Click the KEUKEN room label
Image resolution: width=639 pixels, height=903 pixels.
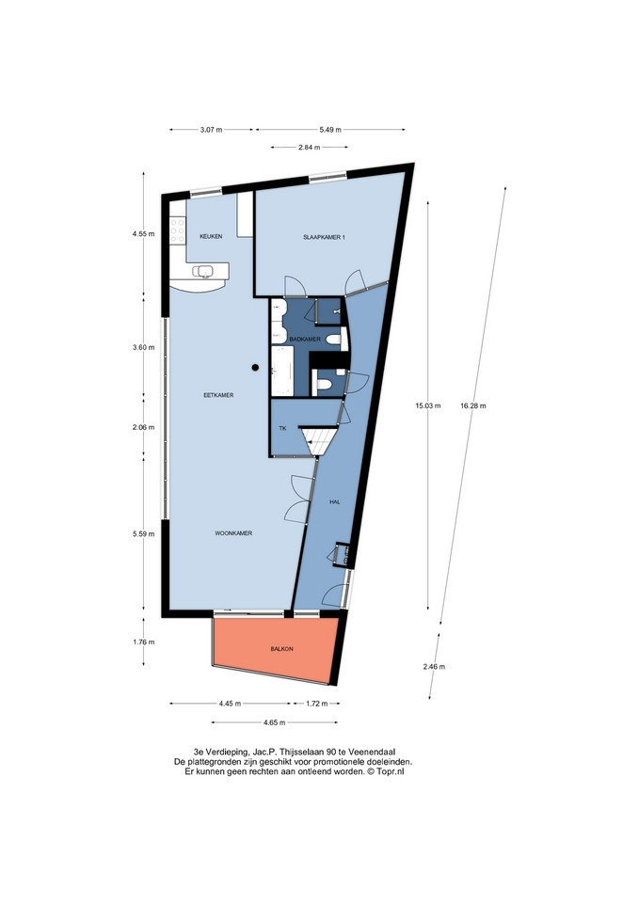[x=210, y=237]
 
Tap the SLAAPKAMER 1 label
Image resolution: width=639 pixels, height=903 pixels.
[x=325, y=237]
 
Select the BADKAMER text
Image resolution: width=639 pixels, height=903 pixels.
[x=305, y=340]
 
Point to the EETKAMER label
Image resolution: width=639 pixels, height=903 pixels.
[x=218, y=396]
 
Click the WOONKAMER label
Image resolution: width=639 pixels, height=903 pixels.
[x=233, y=534]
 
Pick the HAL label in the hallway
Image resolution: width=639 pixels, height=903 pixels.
[x=335, y=502]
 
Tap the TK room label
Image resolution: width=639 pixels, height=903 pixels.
[x=282, y=429]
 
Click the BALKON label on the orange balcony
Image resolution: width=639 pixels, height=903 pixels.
[x=281, y=649]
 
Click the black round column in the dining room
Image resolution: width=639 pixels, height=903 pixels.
[x=255, y=367]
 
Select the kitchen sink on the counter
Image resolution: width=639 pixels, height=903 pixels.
[x=204, y=271]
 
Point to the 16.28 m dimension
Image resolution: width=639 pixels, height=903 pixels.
[x=473, y=406]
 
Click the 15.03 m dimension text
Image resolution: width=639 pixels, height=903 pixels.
[x=428, y=406]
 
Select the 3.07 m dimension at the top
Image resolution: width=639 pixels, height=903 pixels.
[x=211, y=130]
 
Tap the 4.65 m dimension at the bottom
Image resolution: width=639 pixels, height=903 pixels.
[x=274, y=722]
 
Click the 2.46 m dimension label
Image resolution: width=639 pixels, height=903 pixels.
[x=434, y=667]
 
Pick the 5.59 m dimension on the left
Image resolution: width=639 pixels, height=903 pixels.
[x=143, y=534]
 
